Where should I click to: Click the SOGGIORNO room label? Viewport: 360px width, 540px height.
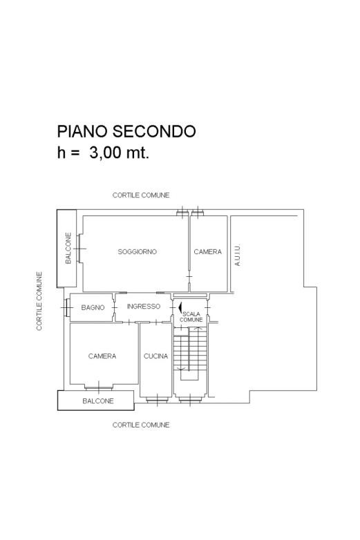137,252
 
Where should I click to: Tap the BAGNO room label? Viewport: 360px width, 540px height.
93,307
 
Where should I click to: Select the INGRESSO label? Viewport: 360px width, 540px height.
143,306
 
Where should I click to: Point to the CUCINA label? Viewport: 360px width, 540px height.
155,356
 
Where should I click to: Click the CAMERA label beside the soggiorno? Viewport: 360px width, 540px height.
208,252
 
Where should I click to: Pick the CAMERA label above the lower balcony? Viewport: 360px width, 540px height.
102,356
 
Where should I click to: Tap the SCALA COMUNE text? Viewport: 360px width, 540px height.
191,317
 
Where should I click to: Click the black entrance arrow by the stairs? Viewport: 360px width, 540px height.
180,307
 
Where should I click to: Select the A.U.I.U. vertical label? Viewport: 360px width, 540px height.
237,255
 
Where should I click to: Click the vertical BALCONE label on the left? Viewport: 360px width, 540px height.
68,249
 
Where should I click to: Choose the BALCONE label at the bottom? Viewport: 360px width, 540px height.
98,401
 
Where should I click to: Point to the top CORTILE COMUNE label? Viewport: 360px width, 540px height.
141,195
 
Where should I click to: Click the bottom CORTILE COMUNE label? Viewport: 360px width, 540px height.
141,425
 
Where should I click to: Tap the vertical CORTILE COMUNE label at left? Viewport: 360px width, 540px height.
39,301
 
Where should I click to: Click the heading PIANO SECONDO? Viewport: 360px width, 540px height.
126,131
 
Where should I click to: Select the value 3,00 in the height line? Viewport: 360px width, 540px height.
106,153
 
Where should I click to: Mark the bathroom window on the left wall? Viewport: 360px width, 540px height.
66,307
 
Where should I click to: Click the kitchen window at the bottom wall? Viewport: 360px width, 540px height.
157,401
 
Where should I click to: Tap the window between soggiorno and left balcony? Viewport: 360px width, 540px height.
79,249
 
